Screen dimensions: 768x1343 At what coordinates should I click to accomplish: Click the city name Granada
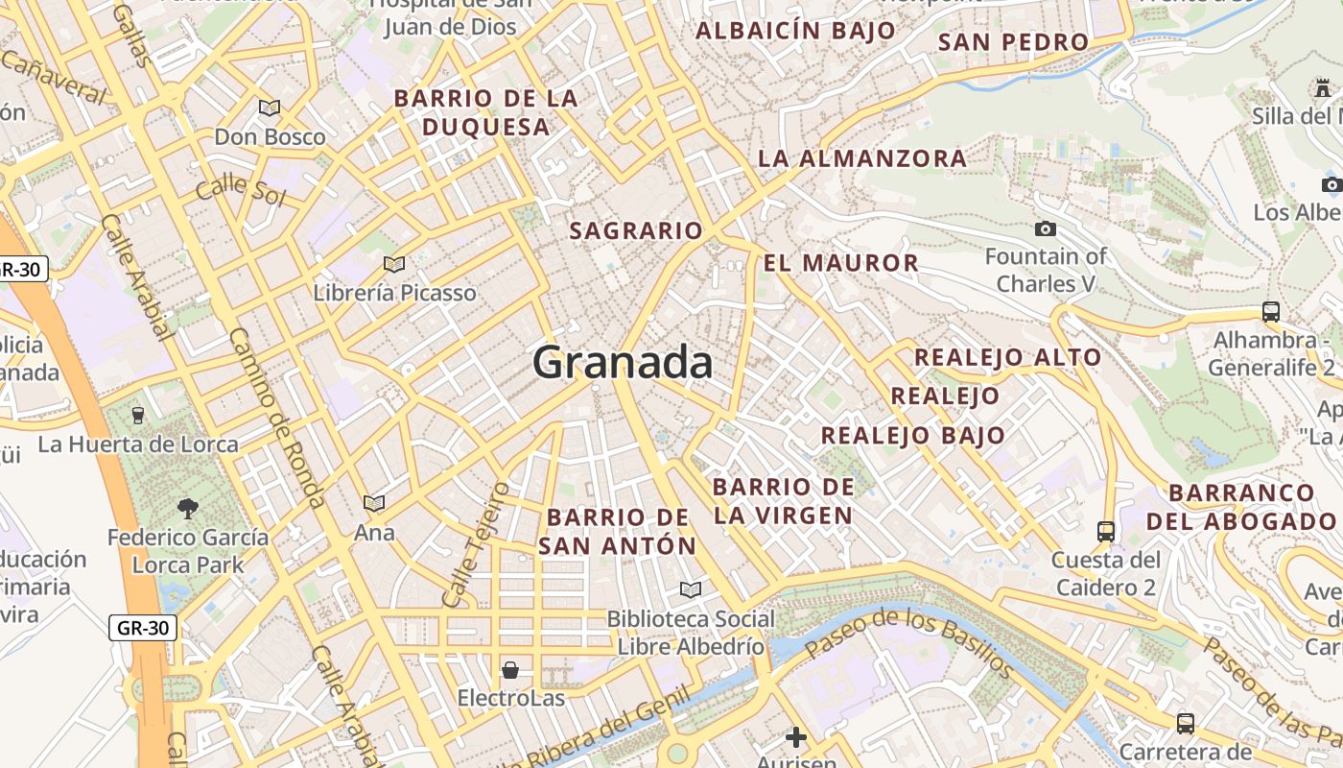(623, 363)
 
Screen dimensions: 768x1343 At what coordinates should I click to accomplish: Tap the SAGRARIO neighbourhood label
(636, 231)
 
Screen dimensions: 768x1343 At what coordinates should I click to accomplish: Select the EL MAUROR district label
(841, 263)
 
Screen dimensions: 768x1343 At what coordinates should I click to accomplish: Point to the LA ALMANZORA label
(862, 158)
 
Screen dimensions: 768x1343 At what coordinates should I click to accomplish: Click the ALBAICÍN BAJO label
(795, 31)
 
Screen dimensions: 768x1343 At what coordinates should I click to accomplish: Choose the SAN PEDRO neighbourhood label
(1013, 42)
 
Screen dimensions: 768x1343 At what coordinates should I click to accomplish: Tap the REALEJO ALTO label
(1007, 358)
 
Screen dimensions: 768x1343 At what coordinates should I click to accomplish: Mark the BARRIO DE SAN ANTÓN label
(618, 532)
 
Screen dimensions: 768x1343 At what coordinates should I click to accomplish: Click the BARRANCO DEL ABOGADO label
(1241, 507)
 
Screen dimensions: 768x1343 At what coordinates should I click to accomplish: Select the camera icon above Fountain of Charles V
(1046, 228)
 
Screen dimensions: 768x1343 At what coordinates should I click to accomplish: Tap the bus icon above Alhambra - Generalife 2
(1271, 311)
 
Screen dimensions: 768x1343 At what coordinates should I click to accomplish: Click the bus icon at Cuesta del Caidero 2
(1105, 531)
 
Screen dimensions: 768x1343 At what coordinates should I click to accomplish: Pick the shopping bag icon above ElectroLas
(510, 669)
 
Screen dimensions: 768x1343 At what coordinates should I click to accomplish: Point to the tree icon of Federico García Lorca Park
(188, 508)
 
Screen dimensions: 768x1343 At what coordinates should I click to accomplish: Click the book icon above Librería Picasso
(394, 264)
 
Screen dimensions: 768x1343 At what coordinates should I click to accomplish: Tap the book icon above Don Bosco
(270, 108)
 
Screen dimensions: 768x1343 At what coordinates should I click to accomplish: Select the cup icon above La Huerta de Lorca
(137, 415)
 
